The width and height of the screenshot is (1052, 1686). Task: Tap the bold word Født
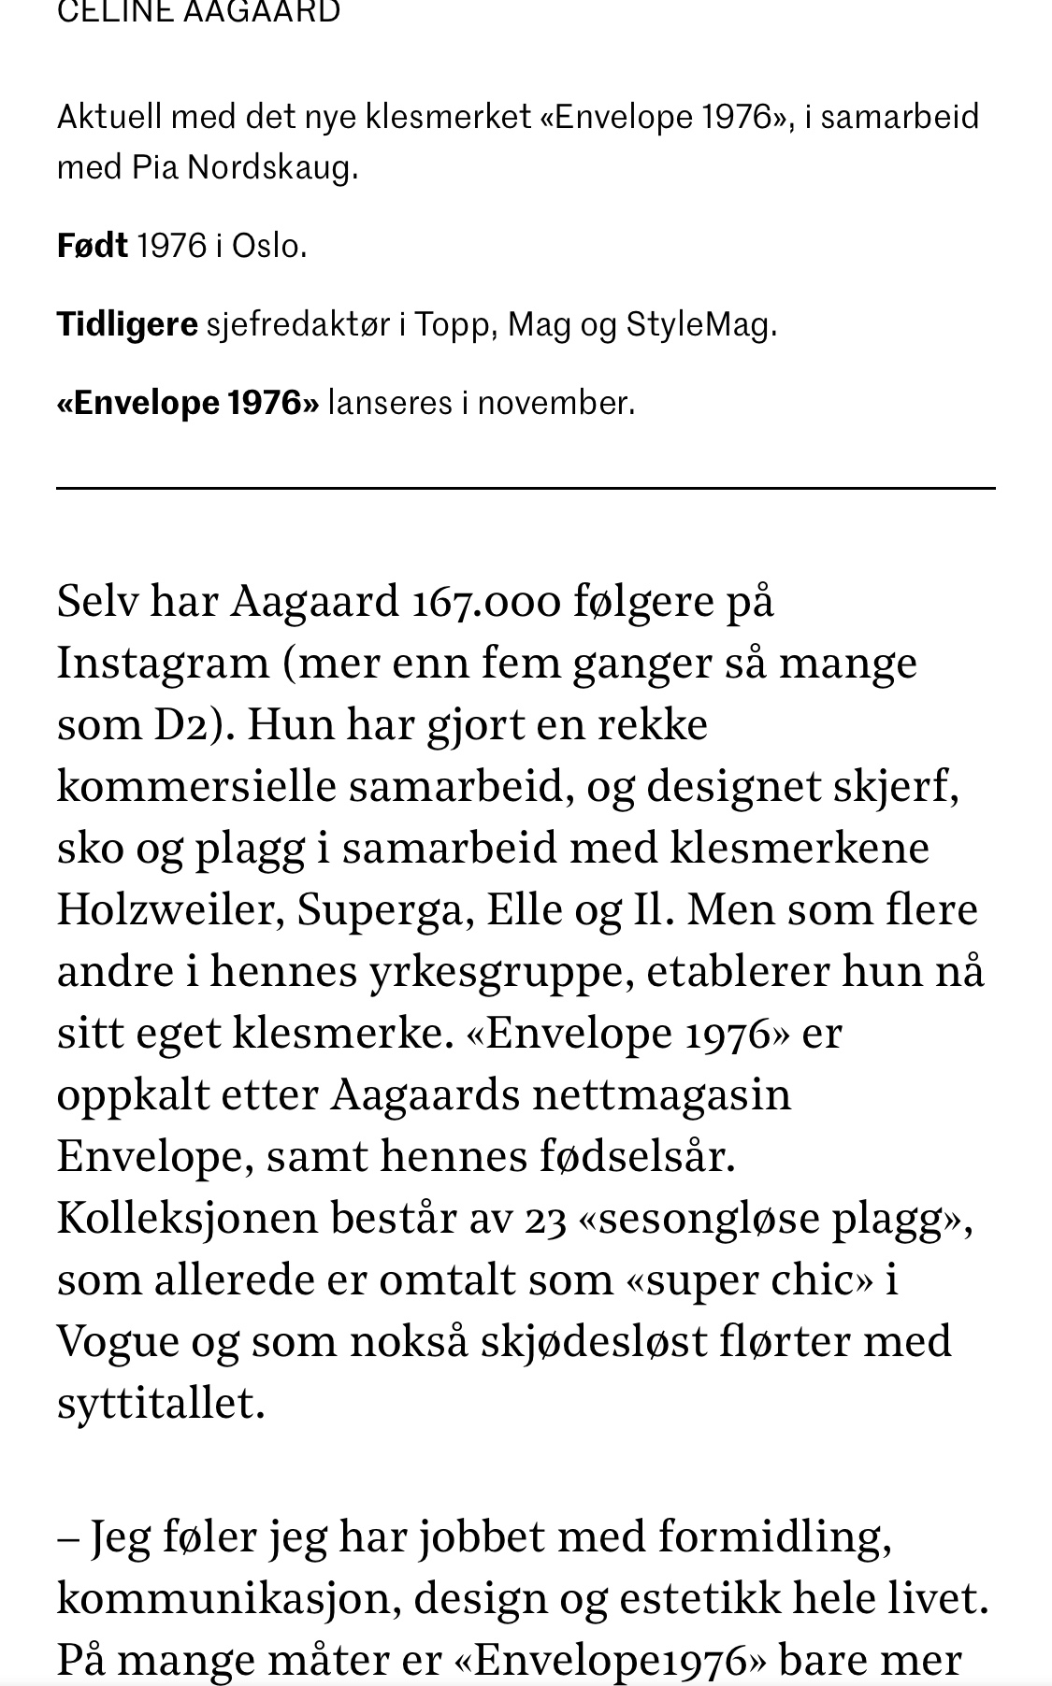(92, 246)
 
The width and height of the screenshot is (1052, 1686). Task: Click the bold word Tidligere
(127, 324)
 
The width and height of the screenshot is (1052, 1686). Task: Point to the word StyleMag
(699, 324)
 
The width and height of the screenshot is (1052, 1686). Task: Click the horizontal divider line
(526, 488)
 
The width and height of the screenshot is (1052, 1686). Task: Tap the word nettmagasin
(661, 1094)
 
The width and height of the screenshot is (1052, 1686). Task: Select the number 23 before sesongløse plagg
(545, 1218)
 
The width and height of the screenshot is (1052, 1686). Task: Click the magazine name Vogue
(118, 1341)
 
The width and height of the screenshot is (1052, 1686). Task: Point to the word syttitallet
(160, 1403)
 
